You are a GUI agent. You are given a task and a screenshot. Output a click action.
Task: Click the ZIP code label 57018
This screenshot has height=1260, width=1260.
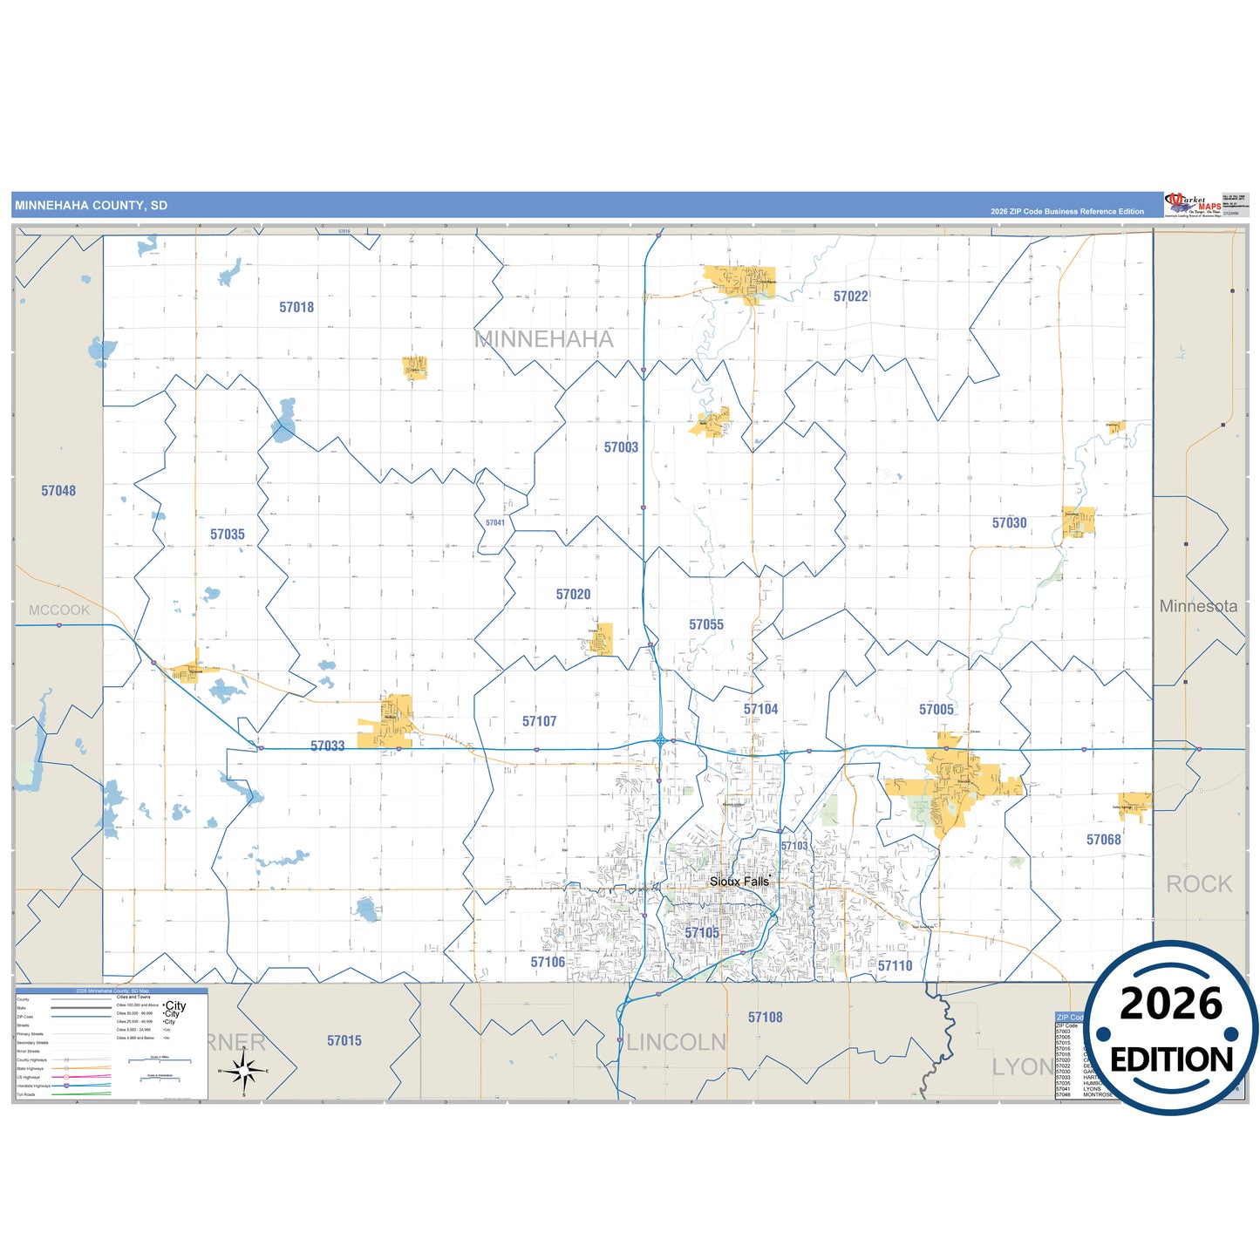(x=296, y=307)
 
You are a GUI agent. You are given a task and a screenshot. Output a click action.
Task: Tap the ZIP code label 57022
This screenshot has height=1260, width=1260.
(x=850, y=296)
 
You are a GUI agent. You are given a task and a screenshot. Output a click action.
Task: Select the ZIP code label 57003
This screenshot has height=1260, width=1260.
(x=621, y=447)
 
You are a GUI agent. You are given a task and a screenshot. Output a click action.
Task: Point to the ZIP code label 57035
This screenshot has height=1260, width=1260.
(x=228, y=535)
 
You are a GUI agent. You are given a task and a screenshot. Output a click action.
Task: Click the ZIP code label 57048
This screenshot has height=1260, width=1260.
(x=58, y=491)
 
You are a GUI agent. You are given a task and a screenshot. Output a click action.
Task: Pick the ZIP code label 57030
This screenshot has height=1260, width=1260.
(x=1009, y=523)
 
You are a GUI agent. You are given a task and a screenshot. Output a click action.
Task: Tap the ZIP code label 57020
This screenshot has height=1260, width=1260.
(x=573, y=595)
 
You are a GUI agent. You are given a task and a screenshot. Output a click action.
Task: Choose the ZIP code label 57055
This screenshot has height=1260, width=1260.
(x=706, y=624)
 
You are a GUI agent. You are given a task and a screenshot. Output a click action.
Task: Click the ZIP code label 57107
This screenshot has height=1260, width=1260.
(x=539, y=721)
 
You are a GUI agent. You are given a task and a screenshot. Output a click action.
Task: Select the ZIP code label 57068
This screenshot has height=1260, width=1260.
(x=1103, y=840)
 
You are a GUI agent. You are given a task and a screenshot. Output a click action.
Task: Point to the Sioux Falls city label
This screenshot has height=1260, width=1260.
(x=739, y=882)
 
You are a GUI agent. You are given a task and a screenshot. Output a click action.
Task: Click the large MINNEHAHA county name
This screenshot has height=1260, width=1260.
(x=543, y=339)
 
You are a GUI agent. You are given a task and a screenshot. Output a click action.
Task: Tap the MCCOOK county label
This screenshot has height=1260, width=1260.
(x=59, y=610)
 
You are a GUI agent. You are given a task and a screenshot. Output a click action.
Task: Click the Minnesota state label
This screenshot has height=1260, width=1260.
(x=1198, y=606)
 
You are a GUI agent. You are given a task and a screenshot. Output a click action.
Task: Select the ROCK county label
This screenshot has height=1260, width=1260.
(x=1199, y=884)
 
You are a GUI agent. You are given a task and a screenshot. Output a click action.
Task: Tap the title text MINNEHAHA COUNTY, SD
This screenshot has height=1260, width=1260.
(x=91, y=206)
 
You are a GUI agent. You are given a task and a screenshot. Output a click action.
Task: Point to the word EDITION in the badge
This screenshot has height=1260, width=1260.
(x=1171, y=1059)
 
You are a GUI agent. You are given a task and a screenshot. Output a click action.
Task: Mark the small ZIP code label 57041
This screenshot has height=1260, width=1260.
(x=494, y=523)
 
